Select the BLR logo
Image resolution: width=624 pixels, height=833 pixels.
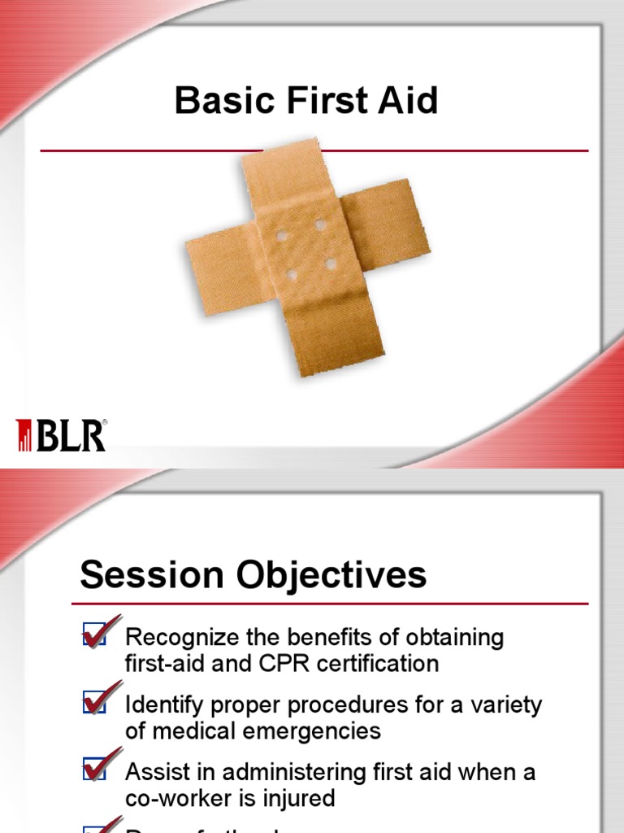(62, 435)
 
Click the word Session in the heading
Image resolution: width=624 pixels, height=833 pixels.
(151, 576)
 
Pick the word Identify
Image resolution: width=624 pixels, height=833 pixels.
(158, 704)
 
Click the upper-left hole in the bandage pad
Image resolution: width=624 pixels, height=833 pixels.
(282, 237)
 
